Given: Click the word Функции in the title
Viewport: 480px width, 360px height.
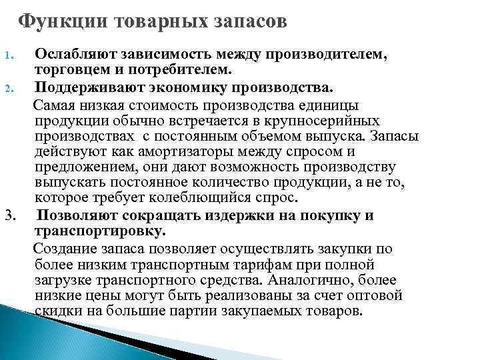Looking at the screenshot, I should pyautogui.click(x=54, y=21).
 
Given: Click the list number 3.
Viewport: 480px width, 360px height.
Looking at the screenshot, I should pyautogui.click(x=9, y=215).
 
